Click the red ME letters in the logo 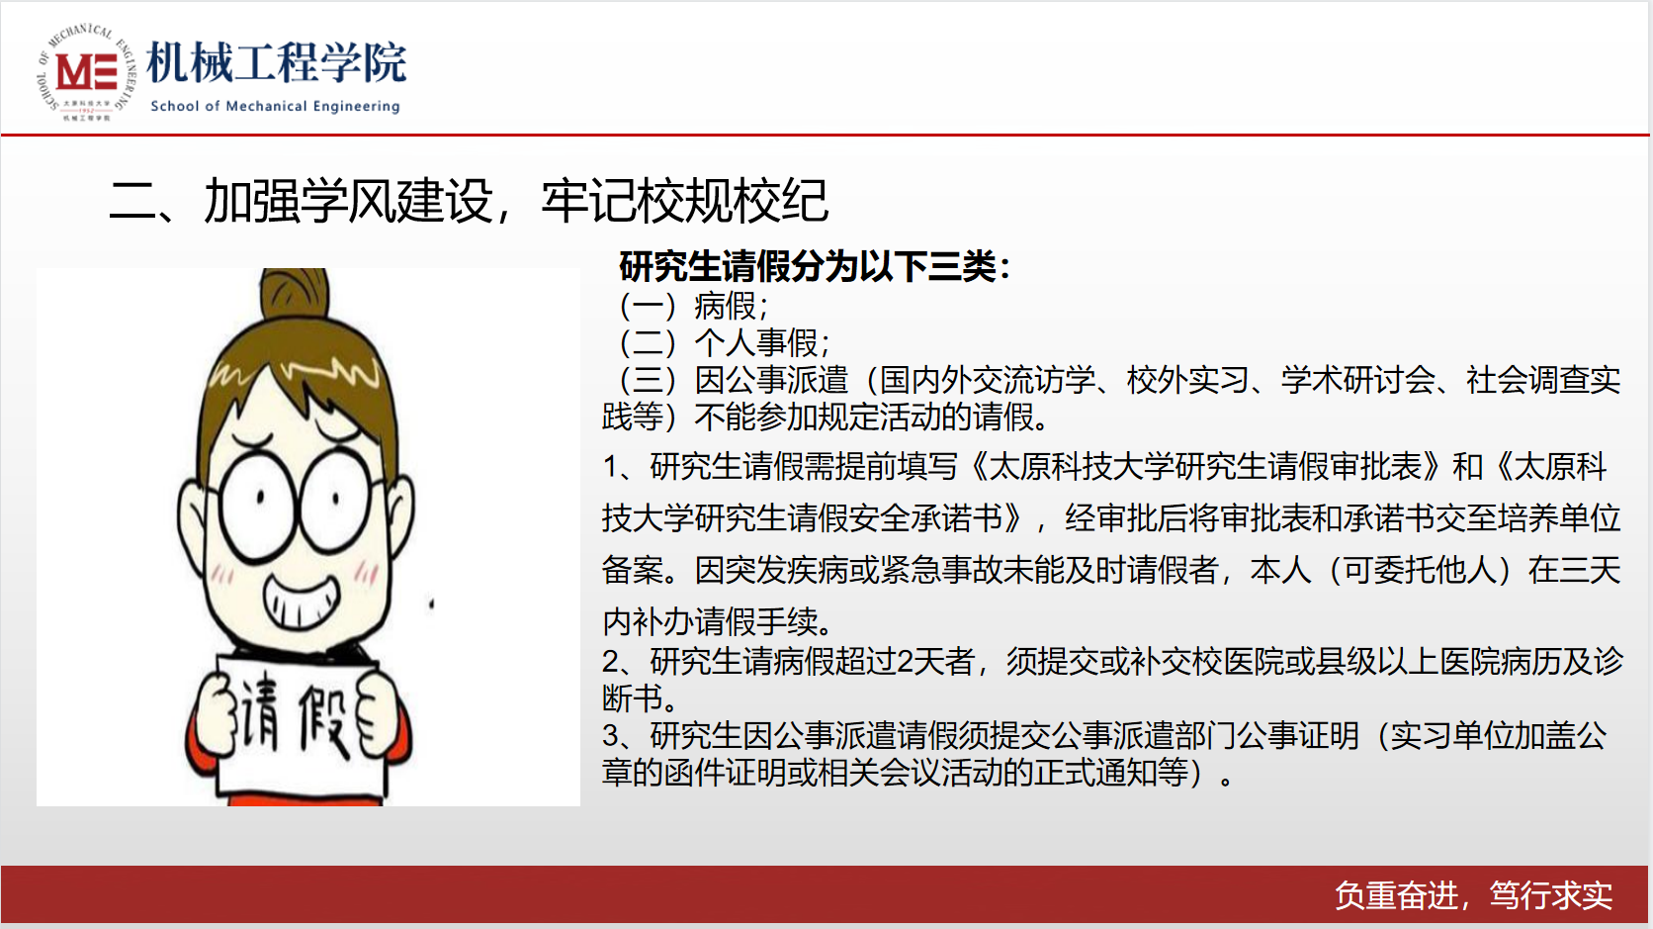86,71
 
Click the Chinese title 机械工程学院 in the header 277,62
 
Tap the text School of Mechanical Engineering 275,106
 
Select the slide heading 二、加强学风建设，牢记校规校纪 469,200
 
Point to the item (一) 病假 694,306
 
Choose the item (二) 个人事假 725,342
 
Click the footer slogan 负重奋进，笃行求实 1474,895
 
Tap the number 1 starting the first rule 610,467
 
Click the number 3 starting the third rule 610,736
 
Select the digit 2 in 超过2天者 905,662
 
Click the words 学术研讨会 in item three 1357,380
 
